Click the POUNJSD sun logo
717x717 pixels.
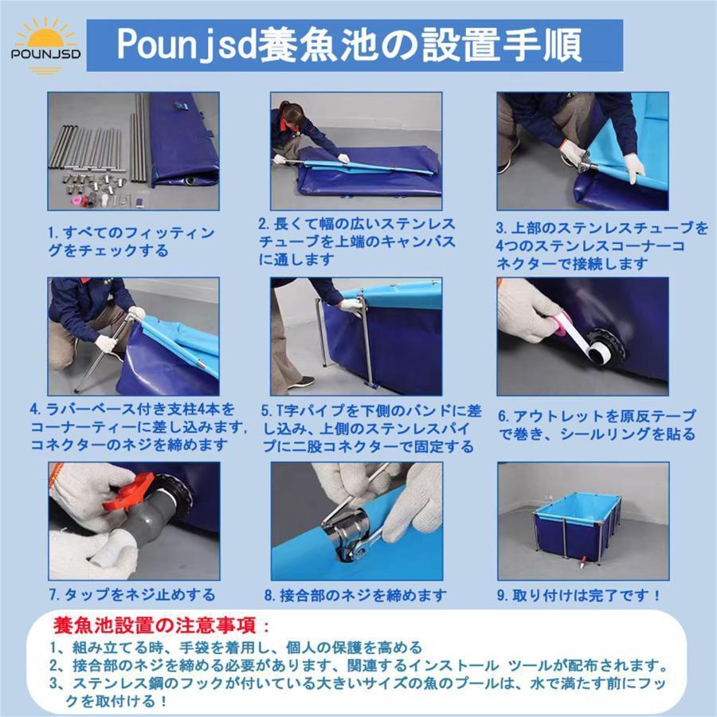[x=45, y=45]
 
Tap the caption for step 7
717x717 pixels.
[x=131, y=594]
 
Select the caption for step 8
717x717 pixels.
[x=355, y=595]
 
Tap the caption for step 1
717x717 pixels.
[x=131, y=241]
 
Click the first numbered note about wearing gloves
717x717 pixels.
[x=236, y=648]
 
